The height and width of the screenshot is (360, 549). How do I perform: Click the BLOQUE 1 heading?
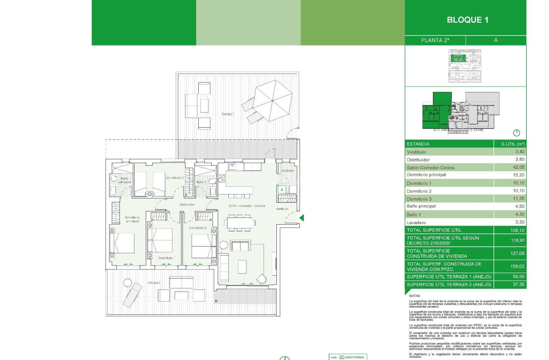coord(467,20)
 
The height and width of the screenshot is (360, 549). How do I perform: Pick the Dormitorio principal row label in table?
coord(426,175)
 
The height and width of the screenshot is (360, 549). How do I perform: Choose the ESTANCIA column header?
coord(418,144)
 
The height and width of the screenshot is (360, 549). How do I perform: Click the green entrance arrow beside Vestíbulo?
coord(301,218)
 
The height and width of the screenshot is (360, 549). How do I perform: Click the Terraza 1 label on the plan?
coord(228,114)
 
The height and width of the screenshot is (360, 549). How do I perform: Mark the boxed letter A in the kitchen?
coord(282,189)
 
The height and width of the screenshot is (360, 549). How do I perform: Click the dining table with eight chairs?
coord(239,223)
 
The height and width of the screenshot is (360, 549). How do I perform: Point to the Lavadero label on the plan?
coord(288,171)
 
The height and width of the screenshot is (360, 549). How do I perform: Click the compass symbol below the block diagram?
coord(516,133)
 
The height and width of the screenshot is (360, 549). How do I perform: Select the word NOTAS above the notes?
coord(415,296)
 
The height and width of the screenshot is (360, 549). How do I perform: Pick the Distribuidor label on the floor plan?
coord(187,205)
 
